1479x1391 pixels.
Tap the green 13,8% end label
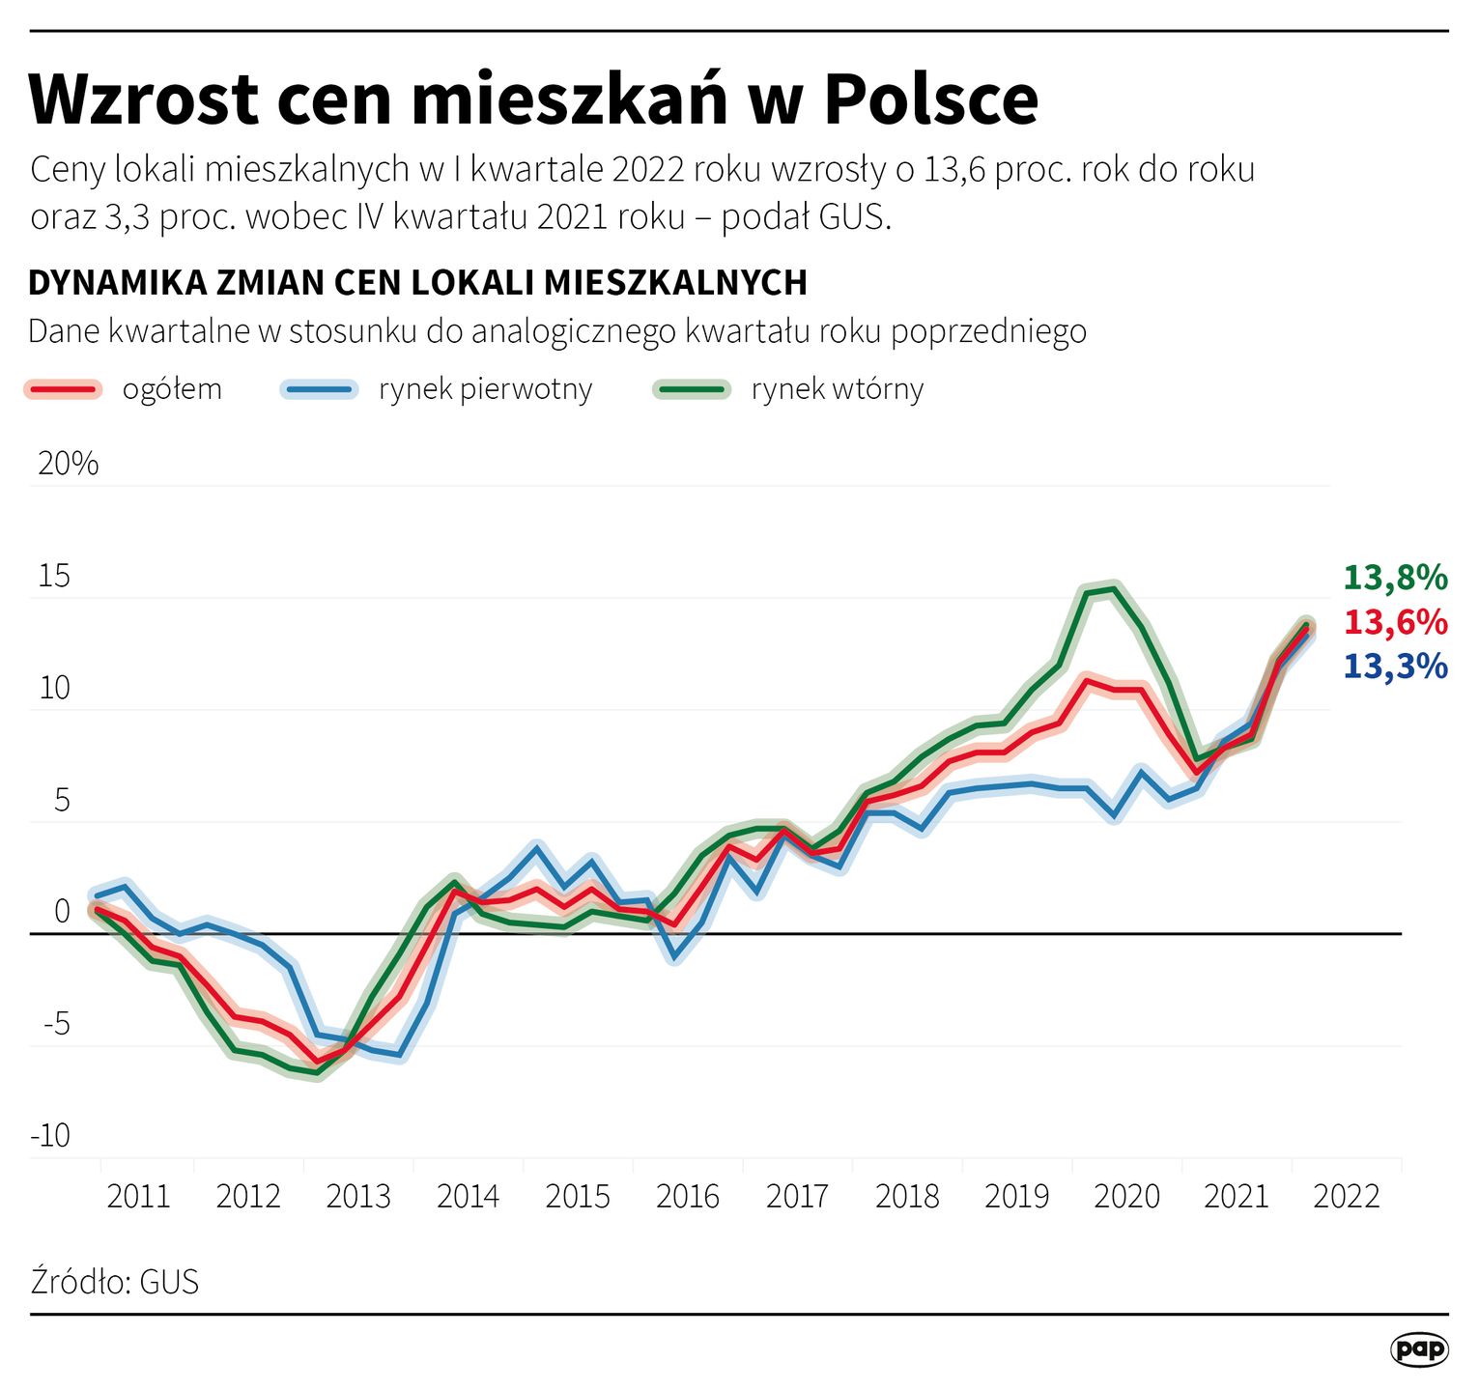(x=1395, y=578)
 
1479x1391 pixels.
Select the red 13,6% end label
(x=1395, y=622)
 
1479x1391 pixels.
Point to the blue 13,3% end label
(x=1395, y=667)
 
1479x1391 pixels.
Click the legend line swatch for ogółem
(x=63, y=389)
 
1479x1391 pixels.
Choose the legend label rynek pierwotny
(x=485, y=389)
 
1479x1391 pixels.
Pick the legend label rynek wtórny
(x=837, y=389)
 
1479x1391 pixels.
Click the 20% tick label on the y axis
(x=68, y=464)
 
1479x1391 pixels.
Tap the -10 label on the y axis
(x=50, y=1135)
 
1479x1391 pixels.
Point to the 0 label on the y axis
(x=62, y=911)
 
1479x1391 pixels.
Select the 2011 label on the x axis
(x=138, y=1197)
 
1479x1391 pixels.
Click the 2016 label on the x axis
(x=688, y=1197)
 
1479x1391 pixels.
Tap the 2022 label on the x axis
(x=1347, y=1197)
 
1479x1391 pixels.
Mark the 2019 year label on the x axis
(x=1016, y=1197)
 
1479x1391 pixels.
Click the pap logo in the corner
(x=1419, y=1349)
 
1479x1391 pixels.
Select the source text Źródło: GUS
(x=115, y=1282)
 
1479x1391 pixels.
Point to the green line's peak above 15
(x=1114, y=588)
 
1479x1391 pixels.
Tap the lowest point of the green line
(x=317, y=1073)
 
